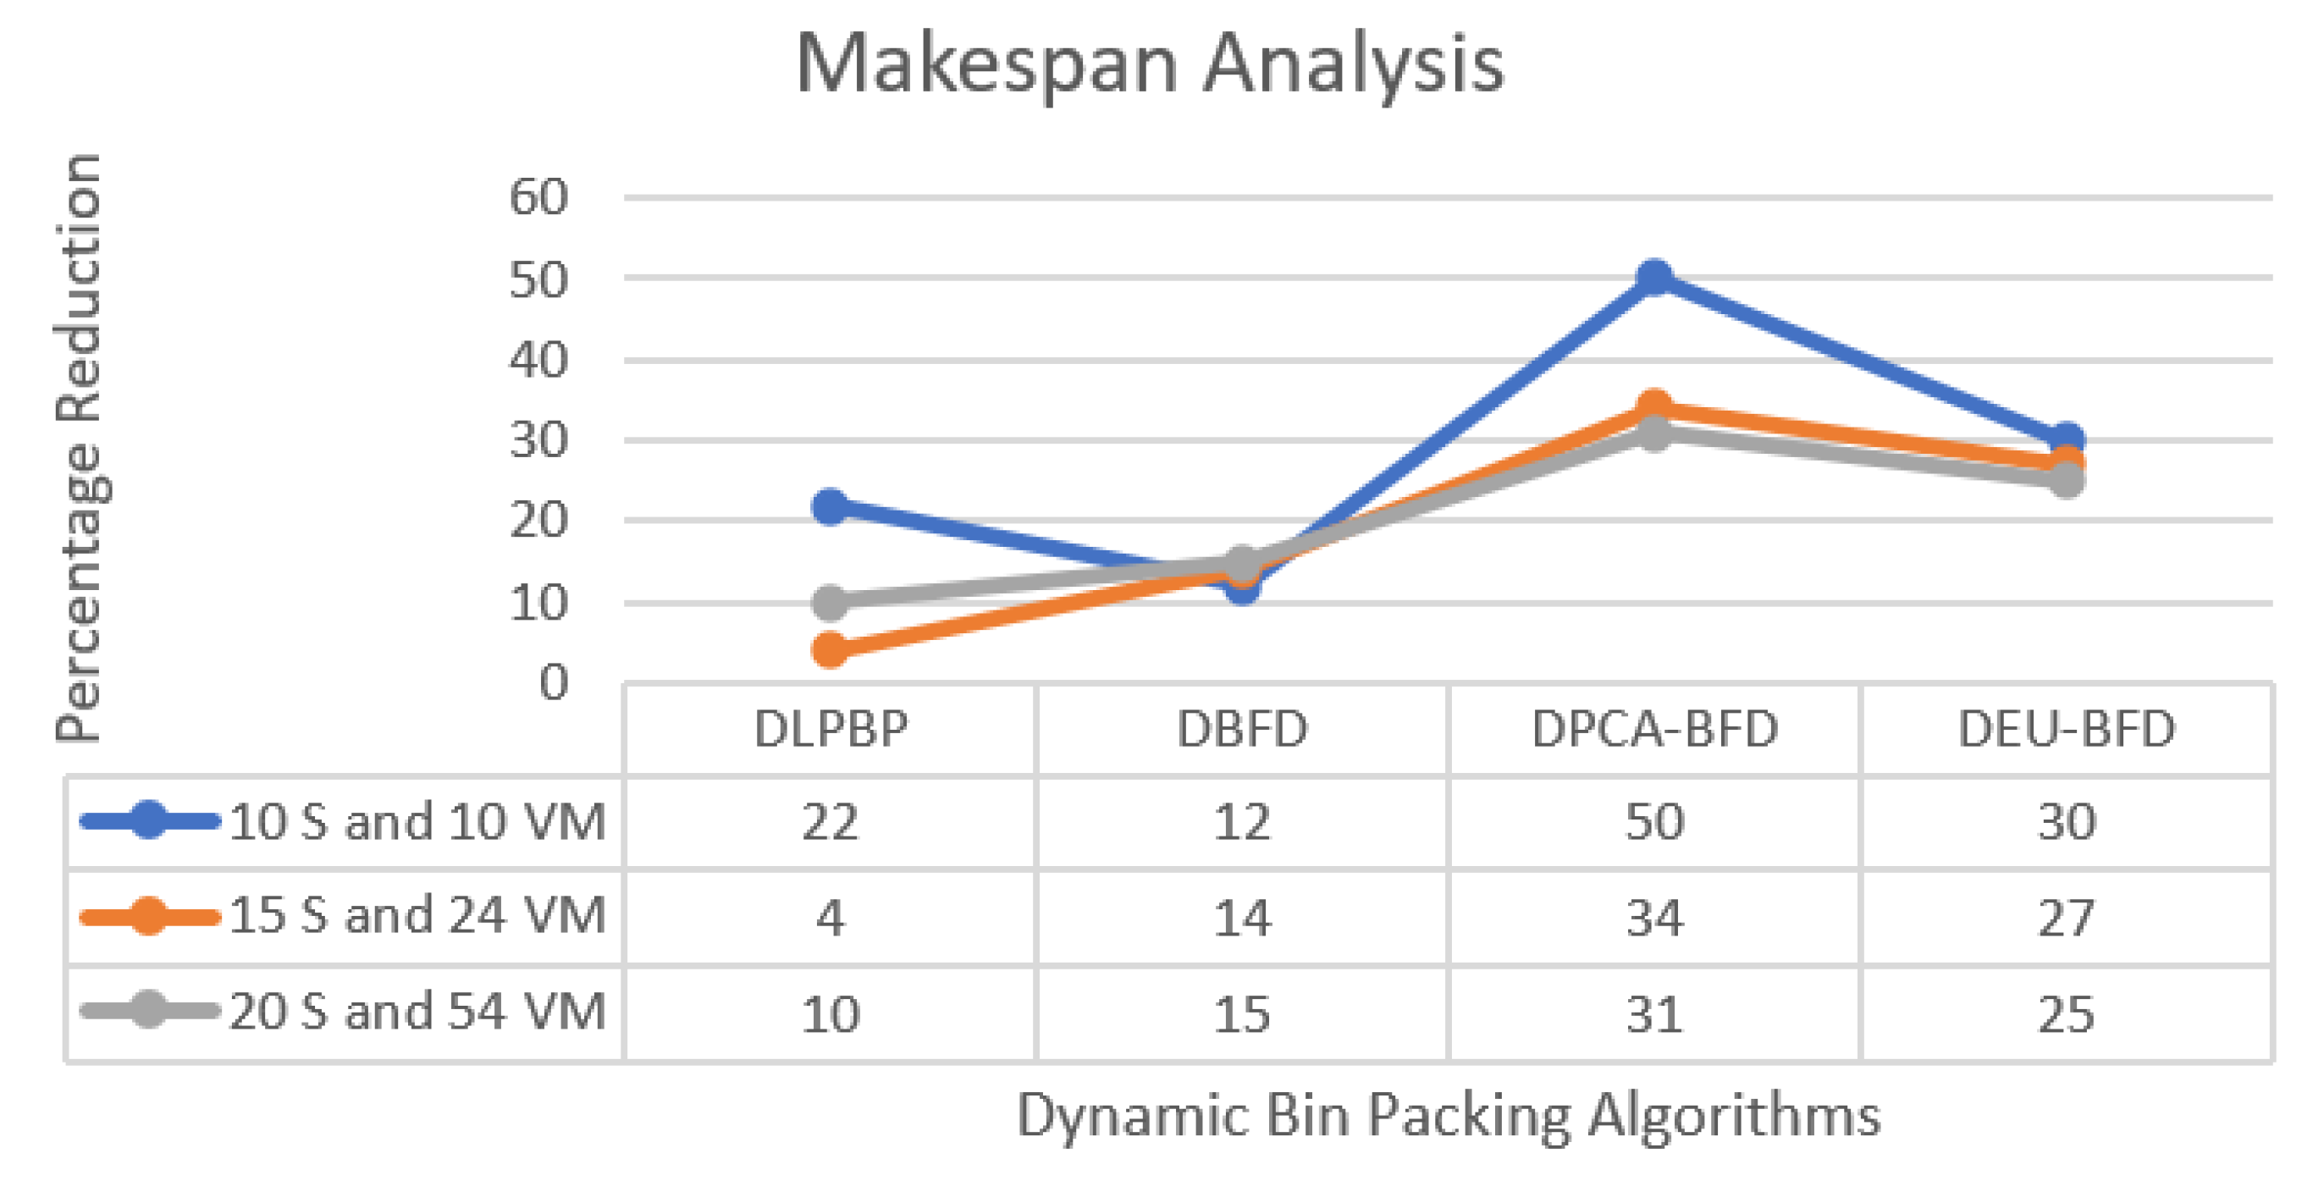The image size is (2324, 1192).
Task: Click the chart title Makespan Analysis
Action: tap(1151, 65)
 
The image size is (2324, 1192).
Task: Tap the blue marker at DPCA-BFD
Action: tap(1653, 277)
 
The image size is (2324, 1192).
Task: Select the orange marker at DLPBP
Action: tap(830, 648)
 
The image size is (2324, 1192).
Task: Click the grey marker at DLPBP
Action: tap(830, 602)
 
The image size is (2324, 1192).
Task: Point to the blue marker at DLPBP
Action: tap(830, 506)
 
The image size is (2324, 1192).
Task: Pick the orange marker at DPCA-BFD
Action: tap(1653, 408)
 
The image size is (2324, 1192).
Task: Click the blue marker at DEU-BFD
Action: tap(2066, 441)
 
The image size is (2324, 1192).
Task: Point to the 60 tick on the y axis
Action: tap(538, 196)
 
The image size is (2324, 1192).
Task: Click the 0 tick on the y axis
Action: tap(553, 682)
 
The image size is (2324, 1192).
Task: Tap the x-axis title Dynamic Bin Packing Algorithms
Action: tap(1448, 1114)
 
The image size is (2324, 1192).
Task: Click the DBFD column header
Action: tap(1241, 729)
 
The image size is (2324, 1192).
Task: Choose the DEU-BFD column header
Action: tap(2066, 729)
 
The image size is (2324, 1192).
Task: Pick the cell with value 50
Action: tap(1653, 822)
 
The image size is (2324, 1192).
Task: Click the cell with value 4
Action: tap(830, 918)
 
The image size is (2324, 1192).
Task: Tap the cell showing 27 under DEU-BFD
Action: tap(2066, 918)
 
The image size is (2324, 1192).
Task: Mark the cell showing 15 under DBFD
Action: tap(1241, 1013)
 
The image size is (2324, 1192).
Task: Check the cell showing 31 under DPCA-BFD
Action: tap(1653, 1013)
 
